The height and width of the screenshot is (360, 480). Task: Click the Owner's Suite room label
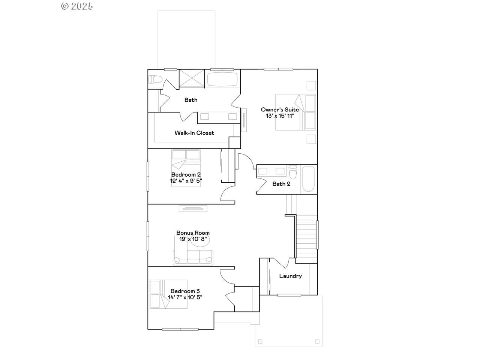click(280, 109)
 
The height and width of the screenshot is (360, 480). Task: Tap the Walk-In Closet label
click(194, 133)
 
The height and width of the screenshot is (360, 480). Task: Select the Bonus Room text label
click(193, 233)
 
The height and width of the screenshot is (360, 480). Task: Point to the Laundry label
click(290, 276)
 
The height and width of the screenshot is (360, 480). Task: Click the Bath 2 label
click(281, 184)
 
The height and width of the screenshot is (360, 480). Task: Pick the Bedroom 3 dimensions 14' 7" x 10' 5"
click(185, 297)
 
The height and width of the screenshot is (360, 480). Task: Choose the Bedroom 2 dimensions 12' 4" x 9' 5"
click(186, 181)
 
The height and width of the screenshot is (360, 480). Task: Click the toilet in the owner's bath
click(155, 79)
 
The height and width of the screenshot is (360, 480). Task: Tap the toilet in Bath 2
click(293, 172)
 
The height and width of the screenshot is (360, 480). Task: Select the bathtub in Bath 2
click(308, 179)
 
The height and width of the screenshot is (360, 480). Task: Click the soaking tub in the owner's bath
click(222, 79)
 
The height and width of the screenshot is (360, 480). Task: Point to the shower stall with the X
click(192, 78)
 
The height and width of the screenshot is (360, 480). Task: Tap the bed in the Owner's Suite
click(295, 112)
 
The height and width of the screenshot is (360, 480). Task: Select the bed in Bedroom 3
click(168, 294)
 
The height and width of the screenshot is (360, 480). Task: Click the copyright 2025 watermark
click(77, 6)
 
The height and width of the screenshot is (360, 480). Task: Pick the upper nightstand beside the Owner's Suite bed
click(311, 85)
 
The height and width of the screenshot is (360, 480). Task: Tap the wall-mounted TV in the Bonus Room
click(193, 209)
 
